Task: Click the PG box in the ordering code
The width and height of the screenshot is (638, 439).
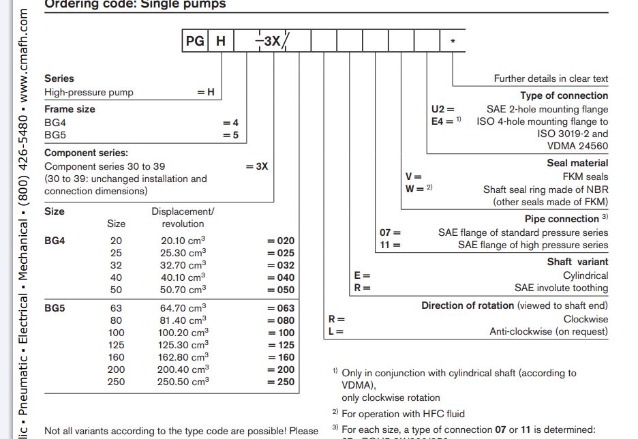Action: click(x=195, y=41)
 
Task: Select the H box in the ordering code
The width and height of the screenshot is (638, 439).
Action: click(x=220, y=41)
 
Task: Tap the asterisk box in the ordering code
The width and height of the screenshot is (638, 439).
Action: click(x=453, y=41)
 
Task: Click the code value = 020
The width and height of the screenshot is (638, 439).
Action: click(x=281, y=241)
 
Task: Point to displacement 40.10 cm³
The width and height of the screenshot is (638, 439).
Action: click(x=183, y=277)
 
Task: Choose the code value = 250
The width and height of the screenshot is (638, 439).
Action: click(x=281, y=382)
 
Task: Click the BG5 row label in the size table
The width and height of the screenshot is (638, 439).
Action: click(x=55, y=308)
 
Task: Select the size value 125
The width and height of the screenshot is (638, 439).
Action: click(x=117, y=345)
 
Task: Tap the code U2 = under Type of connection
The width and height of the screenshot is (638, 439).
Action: click(x=442, y=109)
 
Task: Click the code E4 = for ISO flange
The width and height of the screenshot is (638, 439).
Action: click(x=442, y=121)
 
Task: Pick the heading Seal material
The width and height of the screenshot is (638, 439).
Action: click(x=577, y=163)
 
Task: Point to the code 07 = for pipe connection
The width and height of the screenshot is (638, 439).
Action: click(x=390, y=232)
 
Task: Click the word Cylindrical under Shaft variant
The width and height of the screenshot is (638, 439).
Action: click(x=586, y=275)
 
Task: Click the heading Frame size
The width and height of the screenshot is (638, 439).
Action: click(x=70, y=109)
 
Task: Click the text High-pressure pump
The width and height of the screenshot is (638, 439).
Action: click(x=89, y=92)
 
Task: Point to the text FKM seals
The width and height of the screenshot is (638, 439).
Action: click(x=586, y=177)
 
